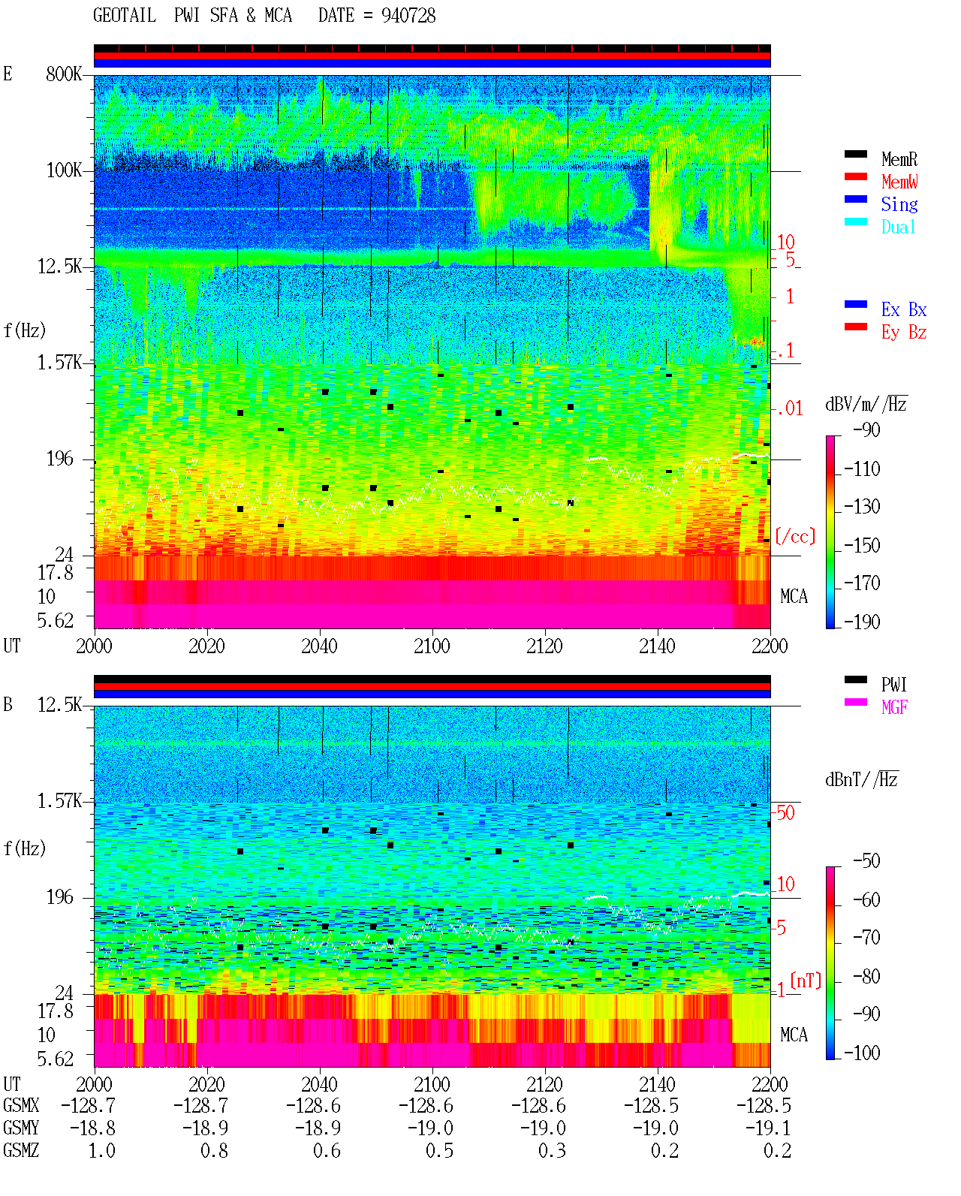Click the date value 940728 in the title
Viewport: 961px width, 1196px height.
(x=408, y=16)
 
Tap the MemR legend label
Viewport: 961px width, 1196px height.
(x=899, y=159)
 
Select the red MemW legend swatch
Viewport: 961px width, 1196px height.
(x=855, y=176)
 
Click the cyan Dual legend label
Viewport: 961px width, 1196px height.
(x=899, y=227)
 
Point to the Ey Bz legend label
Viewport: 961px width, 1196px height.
(x=904, y=333)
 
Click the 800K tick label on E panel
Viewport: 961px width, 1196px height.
(x=63, y=74)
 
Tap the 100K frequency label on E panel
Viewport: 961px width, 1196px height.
(x=63, y=170)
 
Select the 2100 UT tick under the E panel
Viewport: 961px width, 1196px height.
(x=432, y=646)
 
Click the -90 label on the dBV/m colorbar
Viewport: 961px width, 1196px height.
(x=866, y=429)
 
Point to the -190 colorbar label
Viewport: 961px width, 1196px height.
(x=862, y=622)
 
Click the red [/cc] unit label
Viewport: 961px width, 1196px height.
(x=795, y=536)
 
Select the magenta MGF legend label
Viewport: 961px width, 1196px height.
(x=895, y=707)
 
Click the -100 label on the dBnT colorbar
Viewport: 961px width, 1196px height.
(x=862, y=1053)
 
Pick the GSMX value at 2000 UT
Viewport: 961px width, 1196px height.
(x=88, y=1105)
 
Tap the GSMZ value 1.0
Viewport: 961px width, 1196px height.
(x=101, y=1150)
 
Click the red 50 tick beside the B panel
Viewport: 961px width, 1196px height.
(x=785, y=813)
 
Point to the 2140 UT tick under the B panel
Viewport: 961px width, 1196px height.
(x=657, y=1084)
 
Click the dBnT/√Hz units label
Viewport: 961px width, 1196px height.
(x=862, y=780)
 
